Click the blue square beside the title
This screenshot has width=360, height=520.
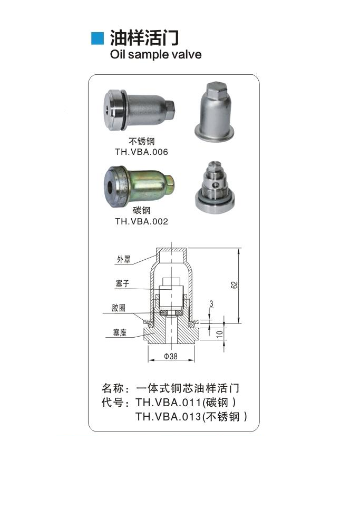[x=97, y=38]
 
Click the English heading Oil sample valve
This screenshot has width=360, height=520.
[x=155, y=54]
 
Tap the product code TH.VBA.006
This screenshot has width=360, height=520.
[x=141, y=152]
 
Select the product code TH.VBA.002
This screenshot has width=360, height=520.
[x=141, y=221]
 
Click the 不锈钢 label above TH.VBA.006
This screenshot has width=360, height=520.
[x=141, y=141]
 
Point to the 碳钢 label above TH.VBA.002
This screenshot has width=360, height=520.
[x=141, y=210]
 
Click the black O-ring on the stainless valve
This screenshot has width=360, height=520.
[x=124, y=110]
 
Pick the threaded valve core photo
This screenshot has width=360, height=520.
[x=215, y=188]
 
